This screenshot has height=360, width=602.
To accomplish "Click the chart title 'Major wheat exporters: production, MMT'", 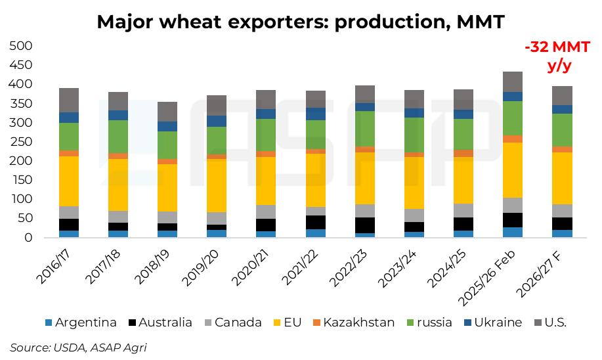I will point(301,22).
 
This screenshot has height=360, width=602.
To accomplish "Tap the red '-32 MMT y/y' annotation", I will point(557,56).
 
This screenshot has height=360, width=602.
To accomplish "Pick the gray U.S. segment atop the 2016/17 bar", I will point(69,100).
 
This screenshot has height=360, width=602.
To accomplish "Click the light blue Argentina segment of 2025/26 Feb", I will point(513,232).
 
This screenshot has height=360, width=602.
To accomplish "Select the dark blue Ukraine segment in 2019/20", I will point(216,121).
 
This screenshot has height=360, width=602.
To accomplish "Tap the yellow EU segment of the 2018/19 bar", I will point(168,187).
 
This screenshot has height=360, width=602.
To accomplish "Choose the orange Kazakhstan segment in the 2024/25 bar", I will point(464,154).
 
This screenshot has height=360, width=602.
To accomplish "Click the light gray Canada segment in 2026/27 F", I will point(561,211).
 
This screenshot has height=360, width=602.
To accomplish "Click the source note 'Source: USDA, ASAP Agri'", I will point(78,348).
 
